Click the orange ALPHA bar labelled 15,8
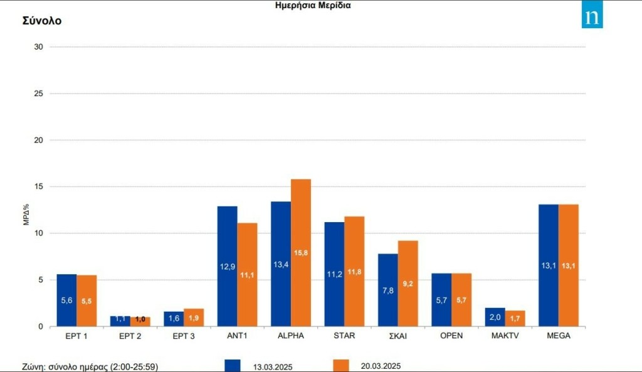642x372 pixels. (301, 253)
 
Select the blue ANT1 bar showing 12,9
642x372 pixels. (228, 266)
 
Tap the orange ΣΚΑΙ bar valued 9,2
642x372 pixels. (408, 284)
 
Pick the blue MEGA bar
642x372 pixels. (549, 265)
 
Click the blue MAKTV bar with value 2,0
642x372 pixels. (495, 317)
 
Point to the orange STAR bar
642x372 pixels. (354, 271)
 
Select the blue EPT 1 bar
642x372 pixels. (66, 300)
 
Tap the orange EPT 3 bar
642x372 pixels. (194, 317)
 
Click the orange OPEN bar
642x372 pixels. (461, 300)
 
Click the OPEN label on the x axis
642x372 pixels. (451, 336)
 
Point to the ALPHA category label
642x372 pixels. (291, 336)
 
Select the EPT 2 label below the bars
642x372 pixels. (130, 336)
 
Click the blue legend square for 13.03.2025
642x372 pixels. (233, 366)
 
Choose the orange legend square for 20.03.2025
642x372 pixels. (340, 366)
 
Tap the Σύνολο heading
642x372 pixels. (42, 21)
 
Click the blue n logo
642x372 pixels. (591, 18)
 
